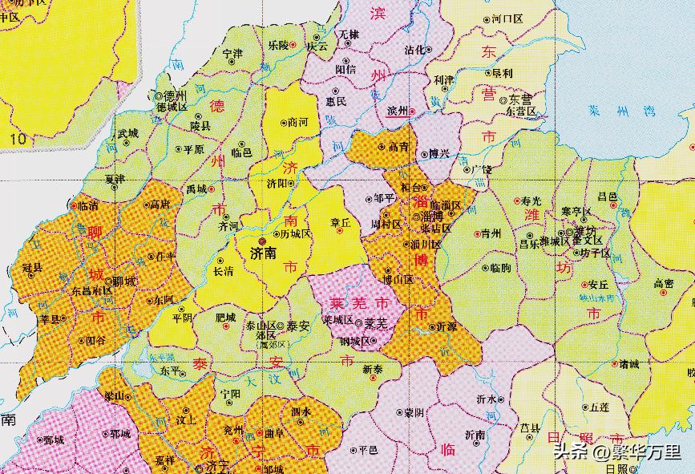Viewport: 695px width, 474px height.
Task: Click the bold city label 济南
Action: [263, 252]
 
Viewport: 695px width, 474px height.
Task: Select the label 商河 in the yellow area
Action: [297, 123]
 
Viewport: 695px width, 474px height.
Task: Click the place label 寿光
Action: [531, 200]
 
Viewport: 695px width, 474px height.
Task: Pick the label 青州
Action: [489, 233]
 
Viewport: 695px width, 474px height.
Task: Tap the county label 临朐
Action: [499, 267]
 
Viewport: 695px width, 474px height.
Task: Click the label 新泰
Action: [373, 369]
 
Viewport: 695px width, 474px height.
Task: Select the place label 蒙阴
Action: [414, 412]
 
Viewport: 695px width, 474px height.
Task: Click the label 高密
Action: [664, 283]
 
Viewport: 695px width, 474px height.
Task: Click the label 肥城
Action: [226, 318]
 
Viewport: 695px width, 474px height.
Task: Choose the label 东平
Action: [169, 371]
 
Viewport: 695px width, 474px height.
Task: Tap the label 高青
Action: [398, 147]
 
